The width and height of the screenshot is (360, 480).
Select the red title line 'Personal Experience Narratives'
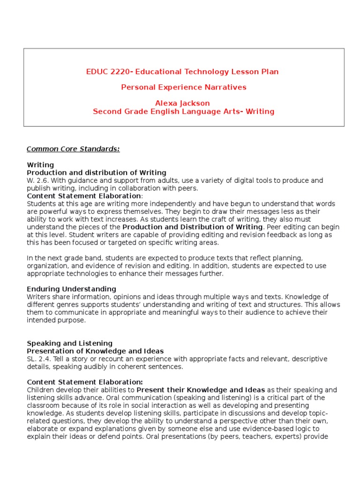(183, 87)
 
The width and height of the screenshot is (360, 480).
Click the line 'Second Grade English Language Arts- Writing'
(183, 112)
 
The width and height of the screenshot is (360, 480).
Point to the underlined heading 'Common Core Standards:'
(73, 149)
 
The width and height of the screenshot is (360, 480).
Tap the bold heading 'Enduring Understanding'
(71, 289)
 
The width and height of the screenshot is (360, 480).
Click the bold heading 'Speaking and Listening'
(69, 344)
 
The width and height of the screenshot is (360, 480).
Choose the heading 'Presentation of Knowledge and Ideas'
(95, 351)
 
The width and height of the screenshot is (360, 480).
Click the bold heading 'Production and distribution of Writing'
(97, 173)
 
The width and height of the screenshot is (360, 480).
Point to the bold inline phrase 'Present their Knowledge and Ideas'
(201, 390)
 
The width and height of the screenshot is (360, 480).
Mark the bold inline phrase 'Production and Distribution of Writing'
(193, 227)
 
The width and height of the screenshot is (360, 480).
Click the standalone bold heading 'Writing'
(40, 165)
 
